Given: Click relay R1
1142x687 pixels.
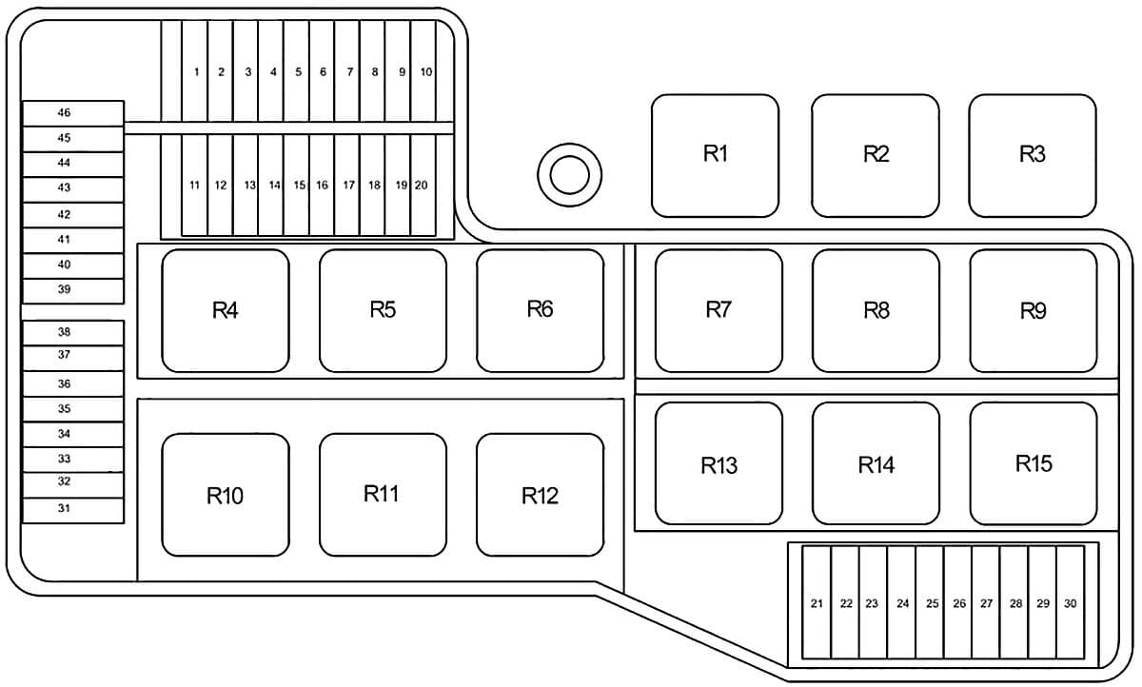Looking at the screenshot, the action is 715,155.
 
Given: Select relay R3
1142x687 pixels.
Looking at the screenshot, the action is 1033,155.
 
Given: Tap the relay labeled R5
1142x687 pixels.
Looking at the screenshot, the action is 383,310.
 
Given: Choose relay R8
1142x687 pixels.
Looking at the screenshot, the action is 876,310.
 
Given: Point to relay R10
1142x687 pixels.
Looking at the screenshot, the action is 226,495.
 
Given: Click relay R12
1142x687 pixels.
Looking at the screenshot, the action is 540,495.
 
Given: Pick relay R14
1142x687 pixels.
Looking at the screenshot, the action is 876,463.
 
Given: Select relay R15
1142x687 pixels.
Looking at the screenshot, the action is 1034,463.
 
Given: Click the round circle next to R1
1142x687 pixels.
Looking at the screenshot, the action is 569,175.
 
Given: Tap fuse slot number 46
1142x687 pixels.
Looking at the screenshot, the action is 73,113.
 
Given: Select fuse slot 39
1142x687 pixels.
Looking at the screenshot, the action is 73,291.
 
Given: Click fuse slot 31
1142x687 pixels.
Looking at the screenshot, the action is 73,510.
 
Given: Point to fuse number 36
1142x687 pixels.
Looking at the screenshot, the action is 73,383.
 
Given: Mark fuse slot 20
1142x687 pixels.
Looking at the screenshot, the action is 423,185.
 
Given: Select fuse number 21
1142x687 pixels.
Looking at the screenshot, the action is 817,602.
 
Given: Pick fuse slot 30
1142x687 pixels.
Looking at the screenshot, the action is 1070,602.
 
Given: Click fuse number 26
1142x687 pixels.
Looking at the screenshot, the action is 958,602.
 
